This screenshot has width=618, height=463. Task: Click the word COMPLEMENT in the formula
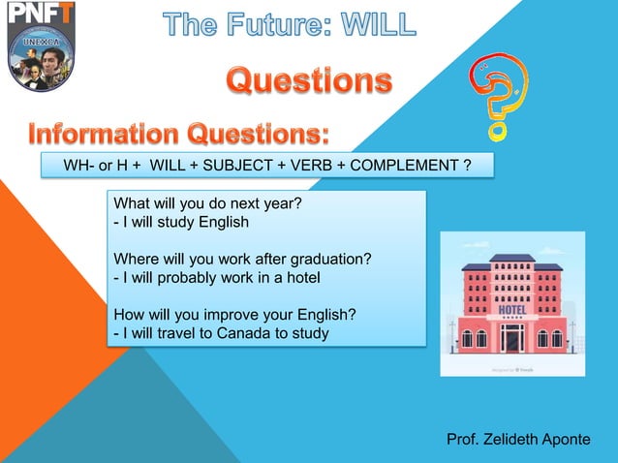tap(398, 166)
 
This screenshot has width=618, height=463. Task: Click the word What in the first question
tap(134, 204)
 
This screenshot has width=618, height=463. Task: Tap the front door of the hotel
tap(512, 338)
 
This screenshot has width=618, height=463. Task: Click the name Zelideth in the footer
tap(512, 439)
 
